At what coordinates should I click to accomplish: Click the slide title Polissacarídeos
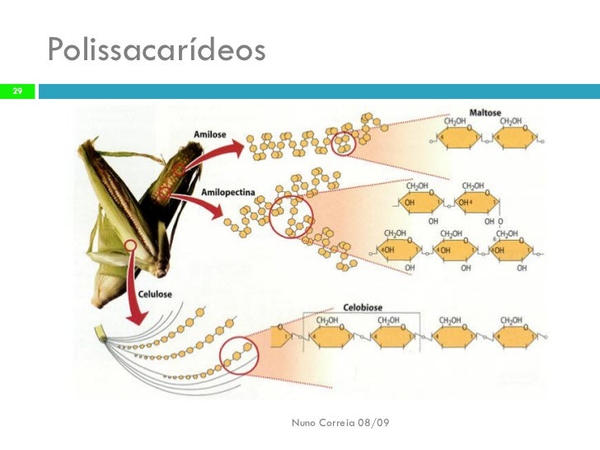coord(157,51)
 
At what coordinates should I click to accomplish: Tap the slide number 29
coord(16,90)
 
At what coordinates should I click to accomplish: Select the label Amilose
coord(211,132)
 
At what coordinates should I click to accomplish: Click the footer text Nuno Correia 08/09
coord(341,422)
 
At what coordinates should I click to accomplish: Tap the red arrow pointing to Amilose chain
coord(218,153)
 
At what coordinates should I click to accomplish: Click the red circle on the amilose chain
coord(342,143)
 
